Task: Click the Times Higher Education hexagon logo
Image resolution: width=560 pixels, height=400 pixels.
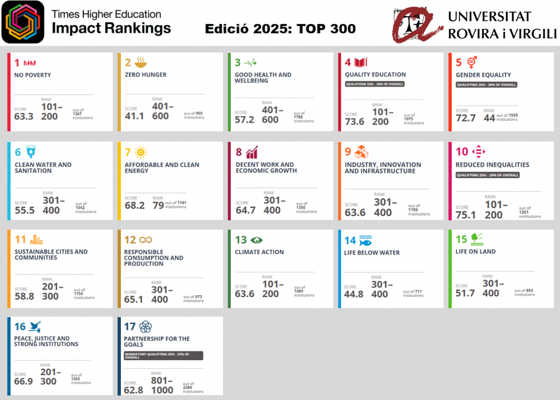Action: (x=23, y=22)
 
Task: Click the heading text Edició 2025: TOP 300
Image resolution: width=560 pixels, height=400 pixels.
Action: (x=280, y=29)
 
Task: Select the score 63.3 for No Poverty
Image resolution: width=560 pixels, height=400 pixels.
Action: (x=24, y=116)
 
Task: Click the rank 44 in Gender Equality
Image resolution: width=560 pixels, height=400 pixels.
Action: (x=488, y=117)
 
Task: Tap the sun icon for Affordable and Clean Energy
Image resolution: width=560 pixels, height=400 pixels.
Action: (x=141, y=152)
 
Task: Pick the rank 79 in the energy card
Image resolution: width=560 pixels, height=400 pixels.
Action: (x=158, y=205)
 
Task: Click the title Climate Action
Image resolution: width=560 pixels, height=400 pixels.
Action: (x=259, y=252)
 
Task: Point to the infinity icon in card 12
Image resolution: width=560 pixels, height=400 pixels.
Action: (x=145, y=240)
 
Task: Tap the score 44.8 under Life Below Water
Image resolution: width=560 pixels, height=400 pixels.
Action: (x=353, y=295)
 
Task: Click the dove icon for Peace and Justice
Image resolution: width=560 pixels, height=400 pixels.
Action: (x=35, y=326)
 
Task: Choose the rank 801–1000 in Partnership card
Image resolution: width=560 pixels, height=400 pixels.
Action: (x=162, y=385)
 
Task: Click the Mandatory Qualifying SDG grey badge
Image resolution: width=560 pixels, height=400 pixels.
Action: (x=164, y=355)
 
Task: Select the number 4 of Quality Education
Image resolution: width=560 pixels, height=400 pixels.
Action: (x=348, y=62)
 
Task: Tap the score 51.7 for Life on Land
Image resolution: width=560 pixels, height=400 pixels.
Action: (x=465, y=293)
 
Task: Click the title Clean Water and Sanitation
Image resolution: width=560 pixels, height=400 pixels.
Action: (x=43, y=167)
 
